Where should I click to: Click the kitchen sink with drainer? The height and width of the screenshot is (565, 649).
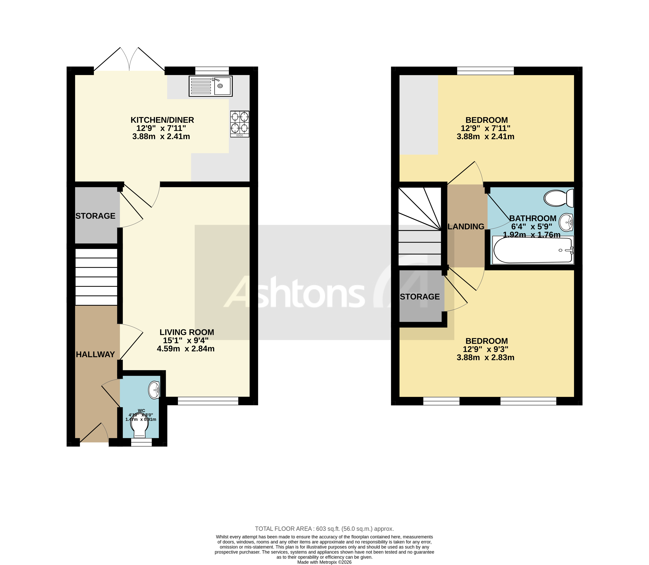pyautogui.click(x=210, y=86)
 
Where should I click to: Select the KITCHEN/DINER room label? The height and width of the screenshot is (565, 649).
pyautogui.click(x=162, y=120)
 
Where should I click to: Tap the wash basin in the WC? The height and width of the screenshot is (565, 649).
pyautogui.click(x=154, y=390)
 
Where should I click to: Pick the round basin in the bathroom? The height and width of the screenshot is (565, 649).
pyautogui.click(x=566, y=223)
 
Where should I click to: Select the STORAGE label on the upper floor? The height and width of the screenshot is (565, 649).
pyautogui.click(x=420, y=297)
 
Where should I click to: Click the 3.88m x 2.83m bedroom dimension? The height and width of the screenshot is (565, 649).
pyautogui.click(x=485, y=358)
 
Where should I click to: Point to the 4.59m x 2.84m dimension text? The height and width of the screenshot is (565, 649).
pyautogui.click(x=186, y=349)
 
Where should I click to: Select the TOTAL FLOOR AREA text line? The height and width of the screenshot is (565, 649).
pyautogui.click(x=324, y=529)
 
